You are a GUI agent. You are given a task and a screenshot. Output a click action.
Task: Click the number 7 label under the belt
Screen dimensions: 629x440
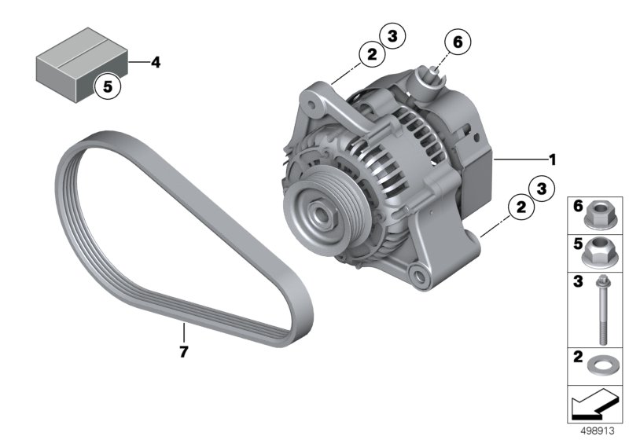(x=184, y=352)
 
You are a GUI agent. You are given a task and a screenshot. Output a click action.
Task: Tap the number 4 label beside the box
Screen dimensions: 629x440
(x=156, y=63)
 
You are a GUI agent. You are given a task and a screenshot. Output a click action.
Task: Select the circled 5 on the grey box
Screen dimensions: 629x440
(x=108, y=86)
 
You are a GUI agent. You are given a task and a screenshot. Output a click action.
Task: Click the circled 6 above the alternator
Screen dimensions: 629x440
(x=458, y=42)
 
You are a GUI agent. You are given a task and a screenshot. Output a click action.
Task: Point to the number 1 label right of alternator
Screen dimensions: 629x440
(x=553, y=159)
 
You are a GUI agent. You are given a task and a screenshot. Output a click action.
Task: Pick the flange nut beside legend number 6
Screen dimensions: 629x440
(x=598, y=215)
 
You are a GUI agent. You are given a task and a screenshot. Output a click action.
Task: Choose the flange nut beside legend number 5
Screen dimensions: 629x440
(x=597, y=252)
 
